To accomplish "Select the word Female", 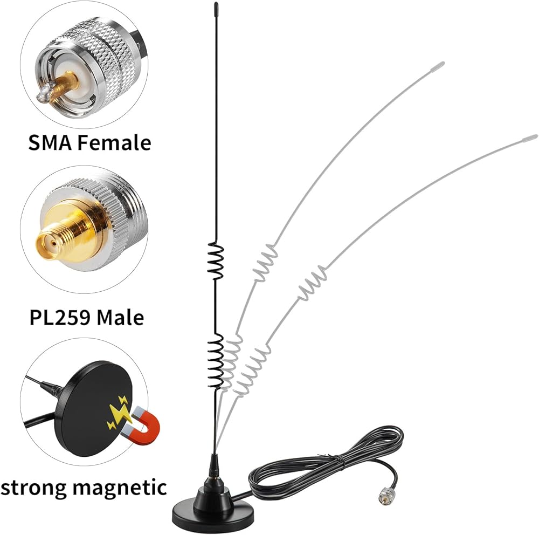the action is point(114,143).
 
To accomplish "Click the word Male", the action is point(120,317).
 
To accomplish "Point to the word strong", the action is point(33,488).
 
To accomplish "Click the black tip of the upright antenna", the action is point(216,7).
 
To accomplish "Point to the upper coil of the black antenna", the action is point(216,260).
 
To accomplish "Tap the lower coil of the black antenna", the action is point(216,361).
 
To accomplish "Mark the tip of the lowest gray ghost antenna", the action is point(536,136).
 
